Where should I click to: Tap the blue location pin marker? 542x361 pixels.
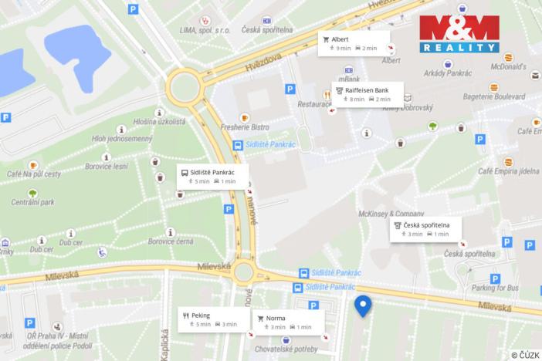(x=363, y=306)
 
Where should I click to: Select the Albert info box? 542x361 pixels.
(x=354, y=43)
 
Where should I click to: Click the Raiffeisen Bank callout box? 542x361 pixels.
(x=366, y=94)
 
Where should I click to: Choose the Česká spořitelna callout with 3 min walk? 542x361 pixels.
(x=425, y=229)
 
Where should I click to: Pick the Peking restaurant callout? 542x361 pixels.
(x=210, y=319)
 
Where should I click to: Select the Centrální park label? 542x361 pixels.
(x=32, y=202)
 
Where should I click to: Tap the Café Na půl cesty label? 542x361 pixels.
(x=35, y=174)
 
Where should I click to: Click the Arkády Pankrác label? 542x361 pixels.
(x=446, y=75)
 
